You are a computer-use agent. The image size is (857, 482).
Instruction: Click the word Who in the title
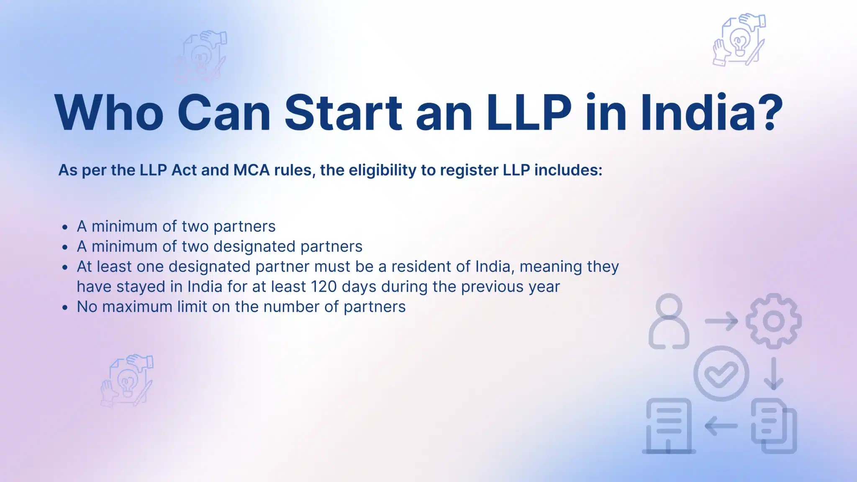pos(109,113)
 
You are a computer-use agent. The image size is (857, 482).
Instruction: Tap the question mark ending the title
pos(770,112)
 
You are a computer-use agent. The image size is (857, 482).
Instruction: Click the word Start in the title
pos(343,113)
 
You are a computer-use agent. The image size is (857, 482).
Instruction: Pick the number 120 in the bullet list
pos(324,287)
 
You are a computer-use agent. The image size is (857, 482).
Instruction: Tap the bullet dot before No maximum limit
pos(64,308)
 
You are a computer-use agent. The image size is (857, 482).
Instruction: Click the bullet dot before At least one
pos(64,267)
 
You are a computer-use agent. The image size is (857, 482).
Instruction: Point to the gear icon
pos(773,321)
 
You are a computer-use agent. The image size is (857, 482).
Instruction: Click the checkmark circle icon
pos(721,373)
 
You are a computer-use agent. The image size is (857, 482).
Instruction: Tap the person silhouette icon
pos(669,321)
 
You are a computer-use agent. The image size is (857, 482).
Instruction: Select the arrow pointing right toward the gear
pos(721,321)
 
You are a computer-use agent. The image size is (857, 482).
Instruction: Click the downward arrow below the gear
pos(773,373)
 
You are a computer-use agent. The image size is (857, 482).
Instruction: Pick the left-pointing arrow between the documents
pos(721,426)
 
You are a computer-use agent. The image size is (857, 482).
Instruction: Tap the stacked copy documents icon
pos(774,426)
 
